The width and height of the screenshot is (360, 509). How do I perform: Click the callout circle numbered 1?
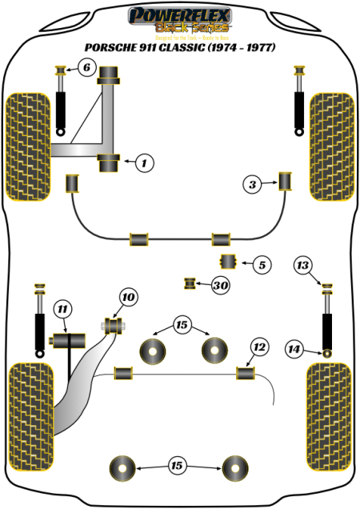(143, 163)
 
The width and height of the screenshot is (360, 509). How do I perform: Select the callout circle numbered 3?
(253, 185)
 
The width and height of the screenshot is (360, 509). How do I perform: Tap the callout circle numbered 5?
(262, 263)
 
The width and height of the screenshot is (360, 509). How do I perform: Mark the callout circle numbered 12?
(258, 347)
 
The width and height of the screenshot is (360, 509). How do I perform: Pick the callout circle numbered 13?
(302, 266)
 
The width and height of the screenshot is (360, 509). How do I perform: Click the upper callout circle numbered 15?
(182, 325)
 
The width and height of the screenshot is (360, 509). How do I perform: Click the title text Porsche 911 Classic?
(181, 48)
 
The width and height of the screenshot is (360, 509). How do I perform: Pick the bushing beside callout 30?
(190, 283)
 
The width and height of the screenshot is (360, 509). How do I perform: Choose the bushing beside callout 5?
(228, 262)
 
